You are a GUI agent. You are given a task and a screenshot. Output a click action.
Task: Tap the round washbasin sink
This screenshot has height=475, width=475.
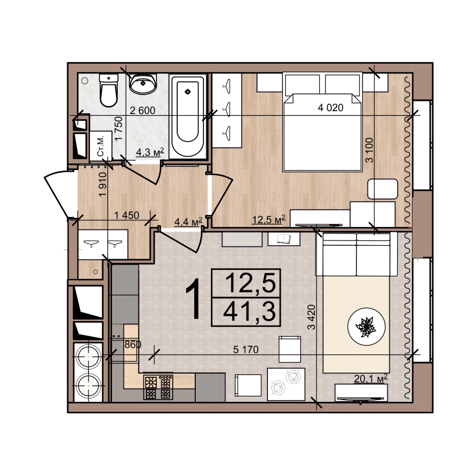(143, 83)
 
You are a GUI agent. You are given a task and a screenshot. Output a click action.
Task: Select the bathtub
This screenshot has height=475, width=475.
(188, 116)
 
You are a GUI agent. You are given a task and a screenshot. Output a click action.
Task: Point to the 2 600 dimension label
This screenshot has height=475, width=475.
(142, 111)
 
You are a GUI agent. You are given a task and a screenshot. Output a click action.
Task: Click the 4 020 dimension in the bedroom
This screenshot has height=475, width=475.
(331, 107)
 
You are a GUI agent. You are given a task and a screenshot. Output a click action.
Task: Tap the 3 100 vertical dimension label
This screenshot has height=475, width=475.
(369, 150)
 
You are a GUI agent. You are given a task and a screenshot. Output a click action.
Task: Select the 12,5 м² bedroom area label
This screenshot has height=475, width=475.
(269, 219)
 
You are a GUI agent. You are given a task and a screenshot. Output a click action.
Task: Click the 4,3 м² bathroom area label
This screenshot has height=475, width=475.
(150, 152)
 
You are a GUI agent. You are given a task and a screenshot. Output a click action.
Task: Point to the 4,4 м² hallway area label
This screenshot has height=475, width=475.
(188, 222)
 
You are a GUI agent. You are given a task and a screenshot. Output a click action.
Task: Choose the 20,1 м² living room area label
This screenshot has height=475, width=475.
(371, 379)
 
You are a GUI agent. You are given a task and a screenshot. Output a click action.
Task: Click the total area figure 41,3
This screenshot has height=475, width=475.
(250, 312)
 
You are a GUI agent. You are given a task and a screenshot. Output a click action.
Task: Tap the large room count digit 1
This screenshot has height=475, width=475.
(193, 299)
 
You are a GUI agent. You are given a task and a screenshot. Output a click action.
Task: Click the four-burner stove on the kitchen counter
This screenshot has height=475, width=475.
(158, 387)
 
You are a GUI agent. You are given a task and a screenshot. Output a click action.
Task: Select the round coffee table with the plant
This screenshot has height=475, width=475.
(367, 327)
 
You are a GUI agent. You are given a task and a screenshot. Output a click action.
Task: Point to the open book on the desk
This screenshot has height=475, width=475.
(284, 239)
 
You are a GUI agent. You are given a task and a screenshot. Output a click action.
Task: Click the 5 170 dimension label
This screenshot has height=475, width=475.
(246, 350)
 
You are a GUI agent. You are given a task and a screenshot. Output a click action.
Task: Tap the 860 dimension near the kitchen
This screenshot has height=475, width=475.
(133, 344)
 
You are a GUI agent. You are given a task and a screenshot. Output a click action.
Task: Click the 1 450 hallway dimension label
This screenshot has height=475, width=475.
(127, 215)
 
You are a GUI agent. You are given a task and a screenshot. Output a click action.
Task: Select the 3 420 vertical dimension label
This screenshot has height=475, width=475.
(312, 317)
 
